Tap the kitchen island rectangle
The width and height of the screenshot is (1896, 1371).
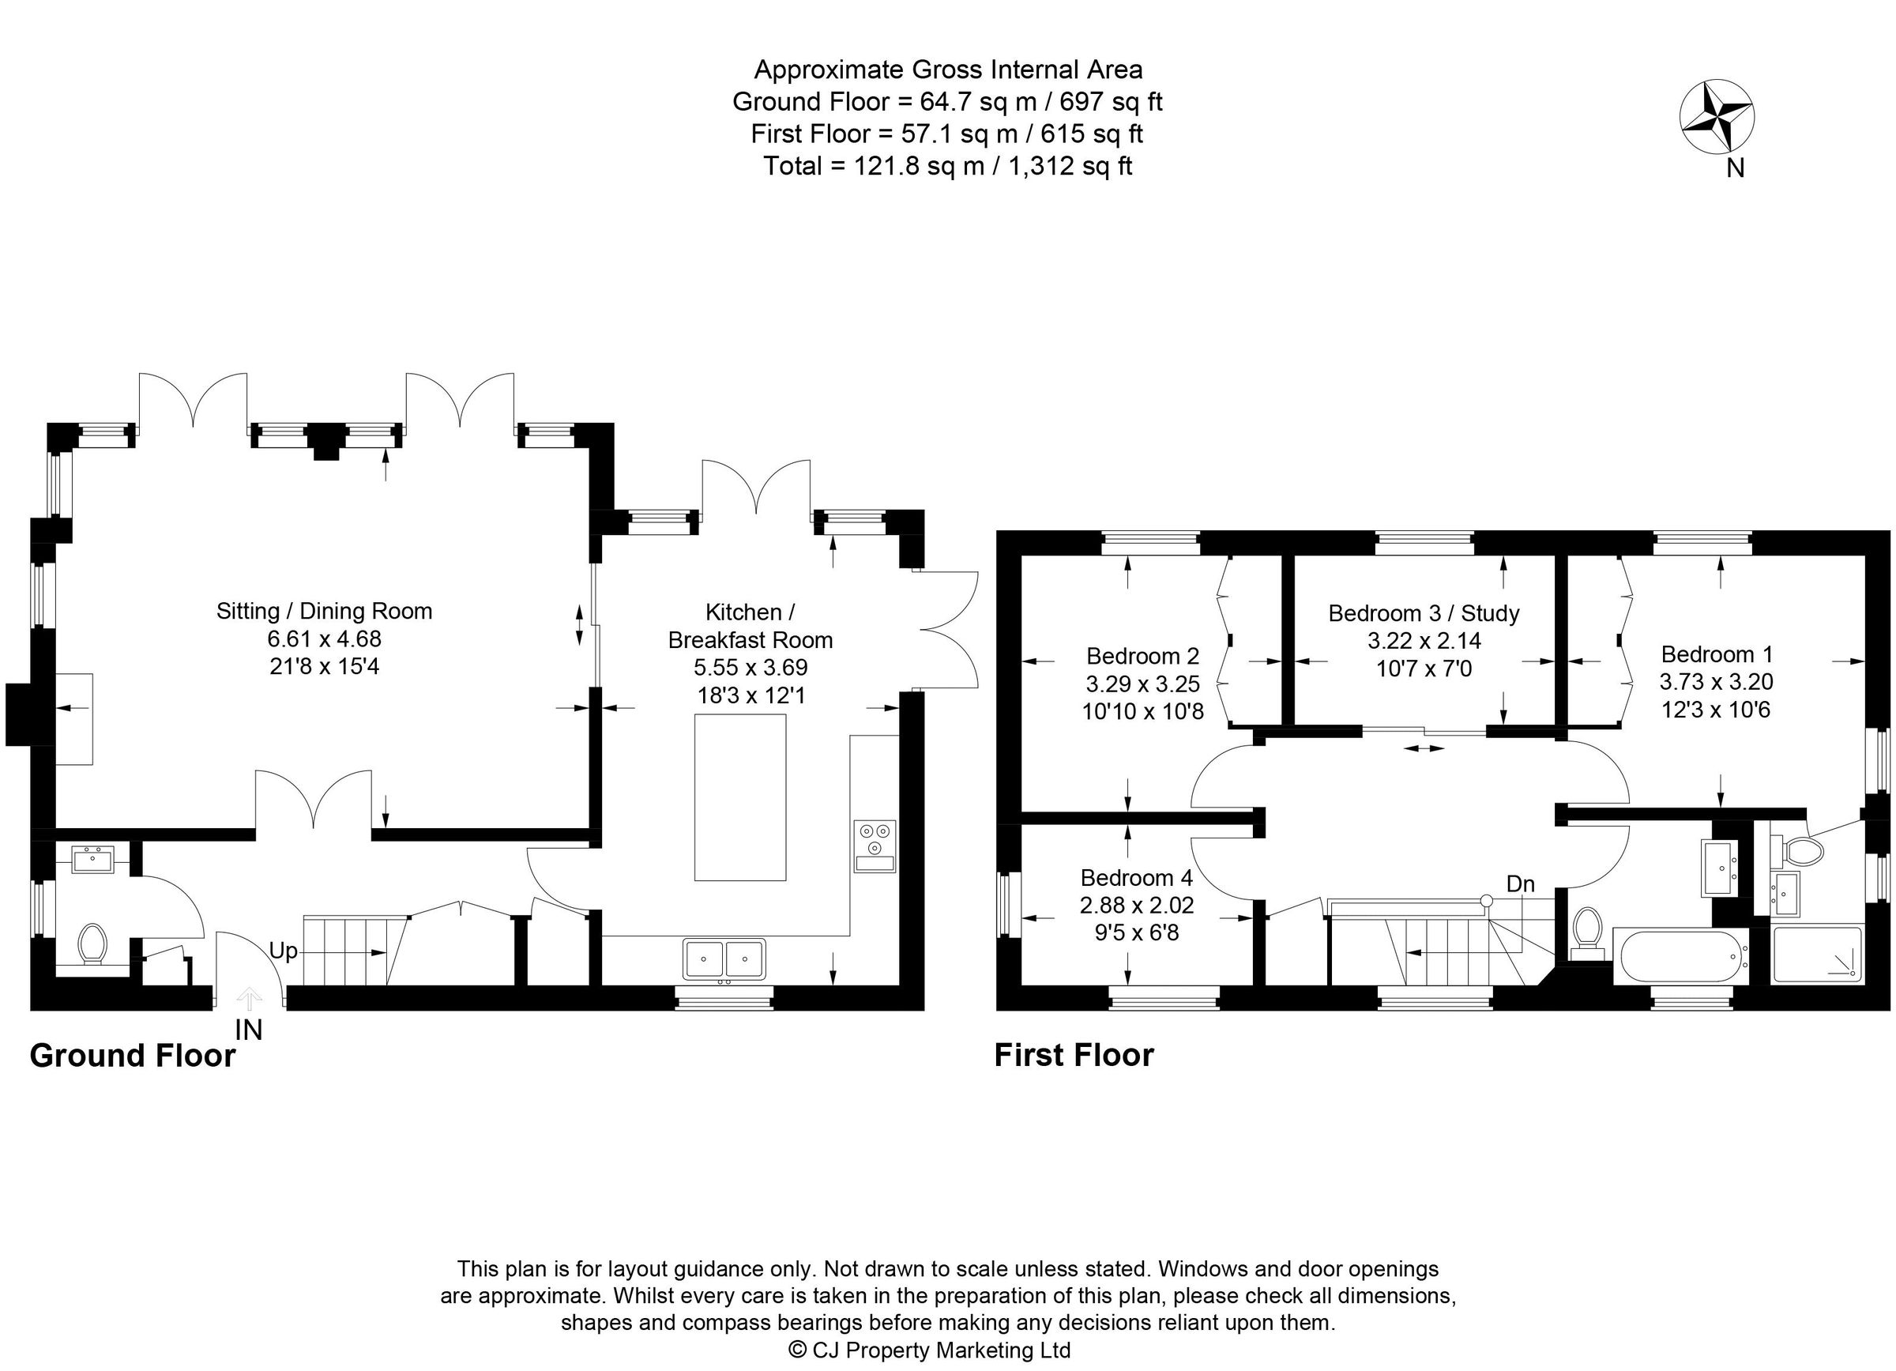click(x=740, y=797)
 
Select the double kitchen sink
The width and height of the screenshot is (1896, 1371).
click(x=724, y=959)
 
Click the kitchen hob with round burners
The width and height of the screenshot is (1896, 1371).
click(x=875, y=847)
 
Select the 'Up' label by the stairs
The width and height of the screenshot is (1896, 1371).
click(x=283, y=951)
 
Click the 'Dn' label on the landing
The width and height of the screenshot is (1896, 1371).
click(x=1520, y=883)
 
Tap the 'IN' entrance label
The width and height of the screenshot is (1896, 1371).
click(x=248, y=1030)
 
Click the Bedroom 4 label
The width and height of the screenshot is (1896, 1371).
click(x=1136, y=878)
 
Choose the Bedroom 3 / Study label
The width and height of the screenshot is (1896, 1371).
click(x=1424, y=614)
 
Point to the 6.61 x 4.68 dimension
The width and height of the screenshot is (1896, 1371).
click(x=324, y=638)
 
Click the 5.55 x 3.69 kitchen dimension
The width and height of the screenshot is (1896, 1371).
click(x=750, y=667)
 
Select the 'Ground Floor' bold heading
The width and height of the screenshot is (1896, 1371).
click(x=132, y=1056)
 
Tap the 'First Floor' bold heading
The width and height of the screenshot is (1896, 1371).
click(x=1074, y=1055)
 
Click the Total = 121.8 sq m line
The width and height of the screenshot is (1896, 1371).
click(x=946, y=165)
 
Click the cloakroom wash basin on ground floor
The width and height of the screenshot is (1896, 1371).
click(x=92, y=858)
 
